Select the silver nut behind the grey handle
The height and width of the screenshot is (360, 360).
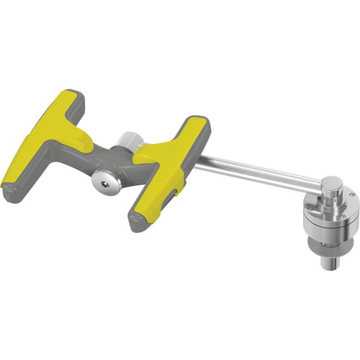130,140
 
